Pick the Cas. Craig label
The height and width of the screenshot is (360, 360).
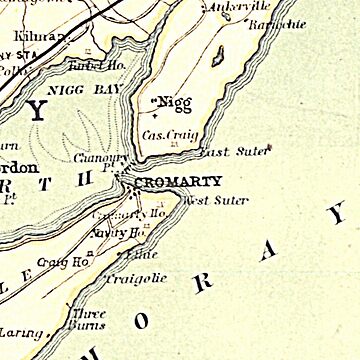(166, 133)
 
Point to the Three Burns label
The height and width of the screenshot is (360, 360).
(89, 318)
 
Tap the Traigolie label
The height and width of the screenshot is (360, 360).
(135, 279)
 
